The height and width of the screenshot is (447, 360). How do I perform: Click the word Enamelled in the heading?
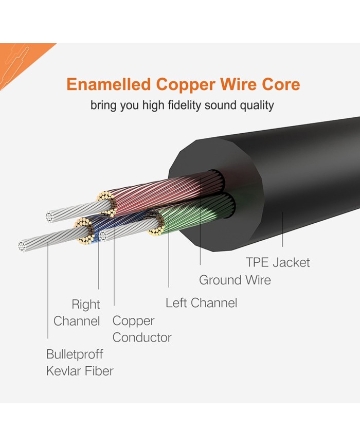point(109,84)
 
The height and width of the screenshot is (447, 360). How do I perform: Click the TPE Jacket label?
point(278,262)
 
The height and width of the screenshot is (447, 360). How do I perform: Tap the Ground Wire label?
point(235,280)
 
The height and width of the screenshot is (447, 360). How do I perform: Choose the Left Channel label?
point(201,303)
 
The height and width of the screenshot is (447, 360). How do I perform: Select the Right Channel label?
point(77,313)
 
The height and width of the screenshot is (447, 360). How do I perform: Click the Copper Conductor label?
point(141,329)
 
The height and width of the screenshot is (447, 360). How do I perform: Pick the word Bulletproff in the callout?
point(74,354)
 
